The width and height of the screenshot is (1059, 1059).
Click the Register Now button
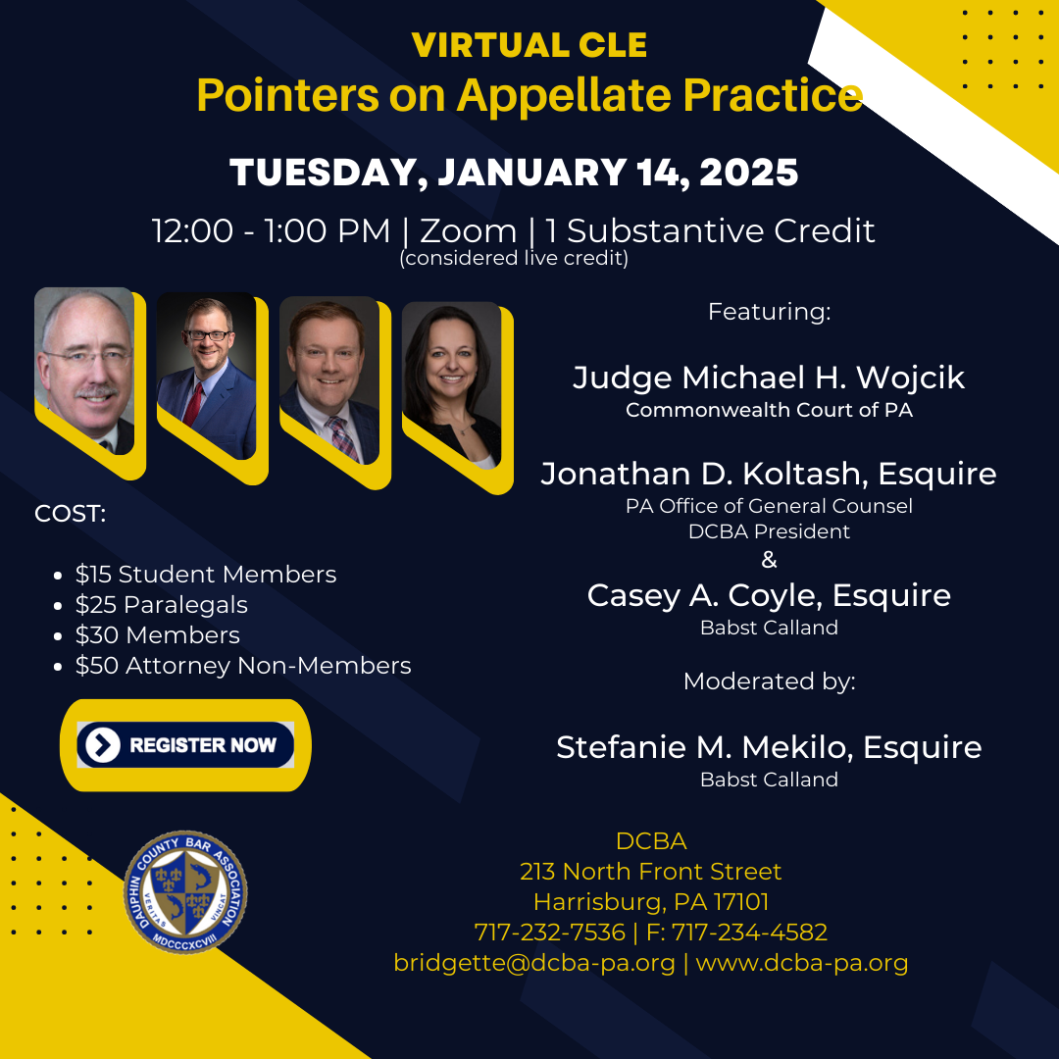click(185, 744)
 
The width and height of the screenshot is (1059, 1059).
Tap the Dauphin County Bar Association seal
click(185, 891)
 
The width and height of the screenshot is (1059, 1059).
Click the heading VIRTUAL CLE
click(529, 45)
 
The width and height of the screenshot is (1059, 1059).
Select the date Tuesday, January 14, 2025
click(514, 172)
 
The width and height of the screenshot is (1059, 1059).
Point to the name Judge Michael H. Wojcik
click(769, 378)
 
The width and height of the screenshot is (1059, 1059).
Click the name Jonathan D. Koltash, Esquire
click(769, 475)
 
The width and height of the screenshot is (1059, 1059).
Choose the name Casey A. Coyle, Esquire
click(769, 596)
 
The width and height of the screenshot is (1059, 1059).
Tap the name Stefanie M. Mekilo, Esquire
click(769, 747)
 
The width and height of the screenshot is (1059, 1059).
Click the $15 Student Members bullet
click(205, 574)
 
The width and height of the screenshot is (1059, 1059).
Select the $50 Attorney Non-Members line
click(243, 665)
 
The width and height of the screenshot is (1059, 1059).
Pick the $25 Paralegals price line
click(162, 604)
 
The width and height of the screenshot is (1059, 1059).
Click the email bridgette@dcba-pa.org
click(534, 963)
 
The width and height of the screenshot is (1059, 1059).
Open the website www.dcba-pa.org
click(802, 963)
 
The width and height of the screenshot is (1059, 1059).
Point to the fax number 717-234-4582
click(749, 933)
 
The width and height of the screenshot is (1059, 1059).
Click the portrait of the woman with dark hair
click(452, 386)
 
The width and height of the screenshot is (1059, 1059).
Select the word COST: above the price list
click(71, 514)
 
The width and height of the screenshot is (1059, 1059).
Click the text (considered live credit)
click(514, 258)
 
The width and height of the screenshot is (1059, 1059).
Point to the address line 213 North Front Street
click(650, 872)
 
